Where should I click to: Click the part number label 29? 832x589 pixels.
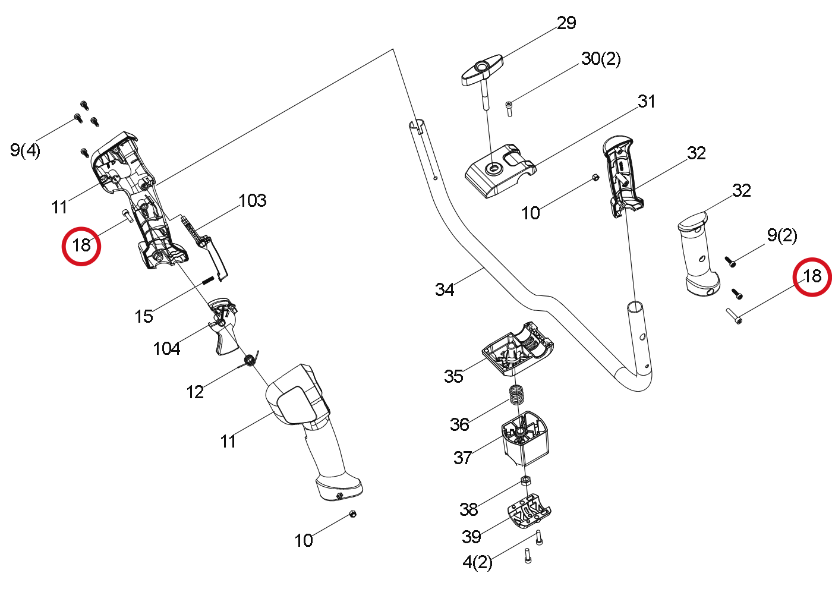(x=566, y=23)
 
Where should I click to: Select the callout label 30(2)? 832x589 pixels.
(x=601, y=59)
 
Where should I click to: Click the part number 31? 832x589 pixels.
(x=647, y=102)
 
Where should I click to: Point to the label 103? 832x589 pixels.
(x=252, y=200)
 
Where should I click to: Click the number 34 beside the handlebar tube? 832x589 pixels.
(x=445, y=289)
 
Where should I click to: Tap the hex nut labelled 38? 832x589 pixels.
(x=525, y=481)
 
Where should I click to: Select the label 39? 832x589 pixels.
(x=471, y=536)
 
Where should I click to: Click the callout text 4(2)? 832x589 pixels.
(x=477, y=562)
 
